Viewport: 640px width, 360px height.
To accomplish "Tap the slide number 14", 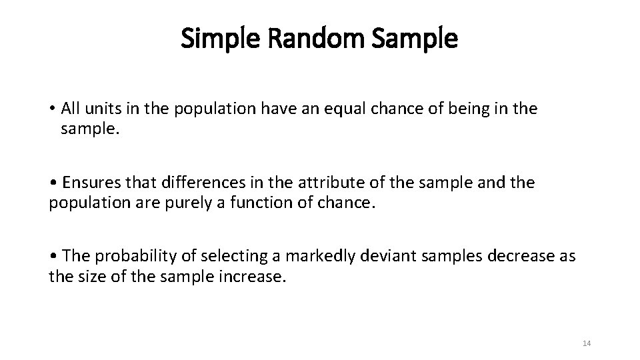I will coord(587,343).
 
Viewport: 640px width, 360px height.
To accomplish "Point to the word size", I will coord(87,276).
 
